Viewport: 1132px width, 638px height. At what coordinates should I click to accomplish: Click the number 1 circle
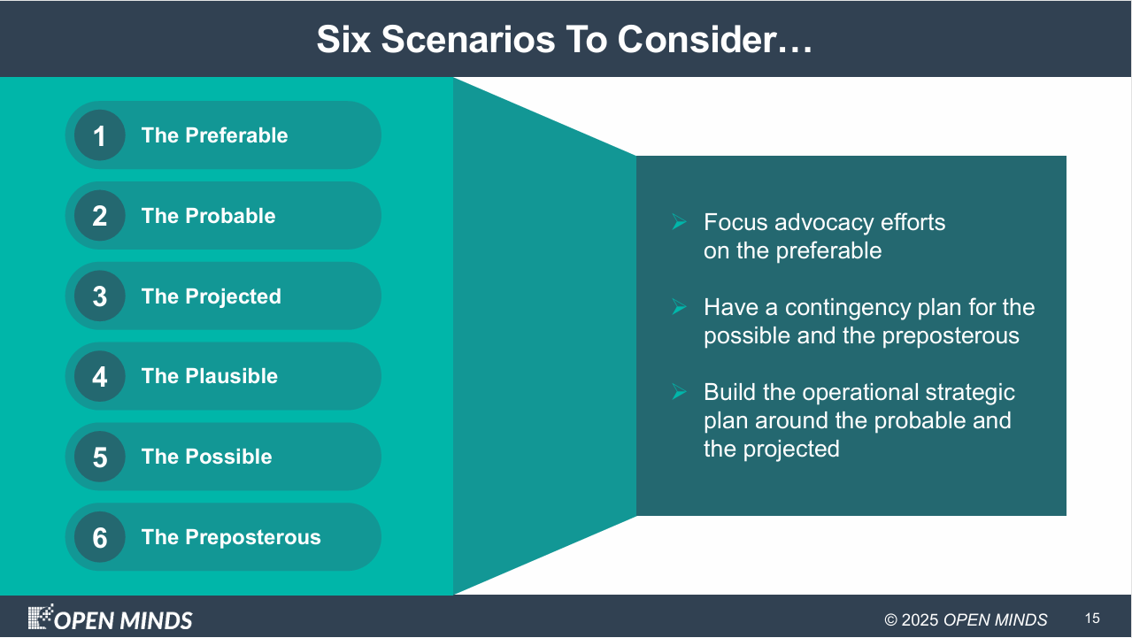[x=99, y=135]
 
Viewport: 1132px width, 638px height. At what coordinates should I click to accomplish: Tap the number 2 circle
[x=99, y=215]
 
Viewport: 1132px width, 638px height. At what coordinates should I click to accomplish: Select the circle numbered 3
[x=99, y=296]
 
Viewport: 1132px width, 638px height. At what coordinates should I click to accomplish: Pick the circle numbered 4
[x=99, y=376]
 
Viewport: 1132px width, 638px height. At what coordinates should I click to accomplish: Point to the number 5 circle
[x=99, y=456]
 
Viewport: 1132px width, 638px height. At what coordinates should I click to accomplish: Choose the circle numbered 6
[x=99, y=536]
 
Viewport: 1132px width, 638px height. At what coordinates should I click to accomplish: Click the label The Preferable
[x=214, y=135]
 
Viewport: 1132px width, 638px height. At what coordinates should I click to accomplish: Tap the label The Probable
[x=208, y=216]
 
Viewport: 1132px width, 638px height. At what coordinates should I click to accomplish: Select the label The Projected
[x=212, y=296]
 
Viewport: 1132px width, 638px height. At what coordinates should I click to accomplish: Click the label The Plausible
[x=209, y=376]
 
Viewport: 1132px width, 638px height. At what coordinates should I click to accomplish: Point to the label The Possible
[x=207, y=456]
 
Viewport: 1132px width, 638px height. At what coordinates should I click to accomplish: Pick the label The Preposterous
[x=231, y=537]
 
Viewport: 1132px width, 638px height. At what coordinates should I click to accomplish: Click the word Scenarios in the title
[x=468, y=40]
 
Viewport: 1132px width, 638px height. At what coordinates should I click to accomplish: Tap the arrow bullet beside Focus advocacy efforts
[x=679, y=222]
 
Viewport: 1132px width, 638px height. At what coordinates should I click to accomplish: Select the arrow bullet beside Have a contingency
[x=679, y=307]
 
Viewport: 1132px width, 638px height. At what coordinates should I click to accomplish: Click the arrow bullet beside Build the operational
[x=679, y=391]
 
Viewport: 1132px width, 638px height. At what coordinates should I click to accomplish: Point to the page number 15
[x=1092, y=619]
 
